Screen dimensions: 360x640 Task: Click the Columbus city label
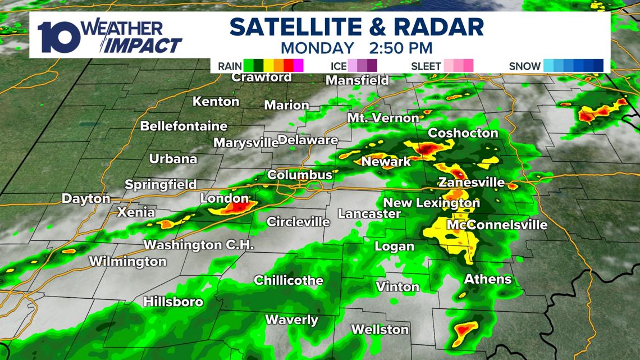point(300,175)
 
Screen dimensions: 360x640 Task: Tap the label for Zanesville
point(471,183)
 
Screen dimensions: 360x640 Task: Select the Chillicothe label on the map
point(289,280)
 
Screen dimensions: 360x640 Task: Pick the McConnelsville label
point(496,225)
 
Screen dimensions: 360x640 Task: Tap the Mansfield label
point(357,80)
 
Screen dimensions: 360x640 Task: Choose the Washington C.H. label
point(199,245)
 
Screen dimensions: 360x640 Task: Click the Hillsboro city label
point(173,302)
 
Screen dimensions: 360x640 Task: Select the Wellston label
point(380,329)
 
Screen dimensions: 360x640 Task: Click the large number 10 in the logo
point(53,36)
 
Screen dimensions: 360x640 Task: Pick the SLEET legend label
point(426,66)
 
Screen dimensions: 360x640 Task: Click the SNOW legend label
point(524,66)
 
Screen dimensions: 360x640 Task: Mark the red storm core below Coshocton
point(427,149)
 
